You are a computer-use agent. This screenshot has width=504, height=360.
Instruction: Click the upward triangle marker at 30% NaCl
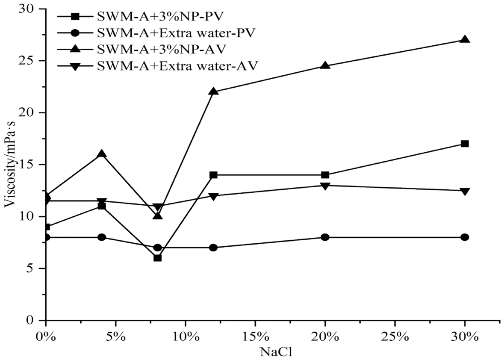click(465, 40)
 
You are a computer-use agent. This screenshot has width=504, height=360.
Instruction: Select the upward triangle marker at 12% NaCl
click(214, 91)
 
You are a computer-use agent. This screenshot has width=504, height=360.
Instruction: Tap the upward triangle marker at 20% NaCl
click(325, 65)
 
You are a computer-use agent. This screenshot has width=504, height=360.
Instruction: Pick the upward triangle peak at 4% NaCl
click(102, 154)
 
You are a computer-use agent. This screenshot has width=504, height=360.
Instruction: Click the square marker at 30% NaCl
click(465, 144)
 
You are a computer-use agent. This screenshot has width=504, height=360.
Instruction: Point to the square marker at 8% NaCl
click(157, 258)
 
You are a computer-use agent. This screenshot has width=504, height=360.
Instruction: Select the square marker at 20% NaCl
click(325, 175)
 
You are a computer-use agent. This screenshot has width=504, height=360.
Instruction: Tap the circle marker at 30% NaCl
click(465, 237)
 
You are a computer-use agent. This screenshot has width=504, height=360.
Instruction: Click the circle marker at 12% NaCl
click(214, 248)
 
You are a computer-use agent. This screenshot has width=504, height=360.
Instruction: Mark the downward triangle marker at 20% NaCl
click(325, 186)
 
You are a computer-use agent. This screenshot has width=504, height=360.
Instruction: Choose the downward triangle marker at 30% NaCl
click(465, 191)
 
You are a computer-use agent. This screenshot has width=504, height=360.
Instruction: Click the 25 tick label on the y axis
click(29, 61)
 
